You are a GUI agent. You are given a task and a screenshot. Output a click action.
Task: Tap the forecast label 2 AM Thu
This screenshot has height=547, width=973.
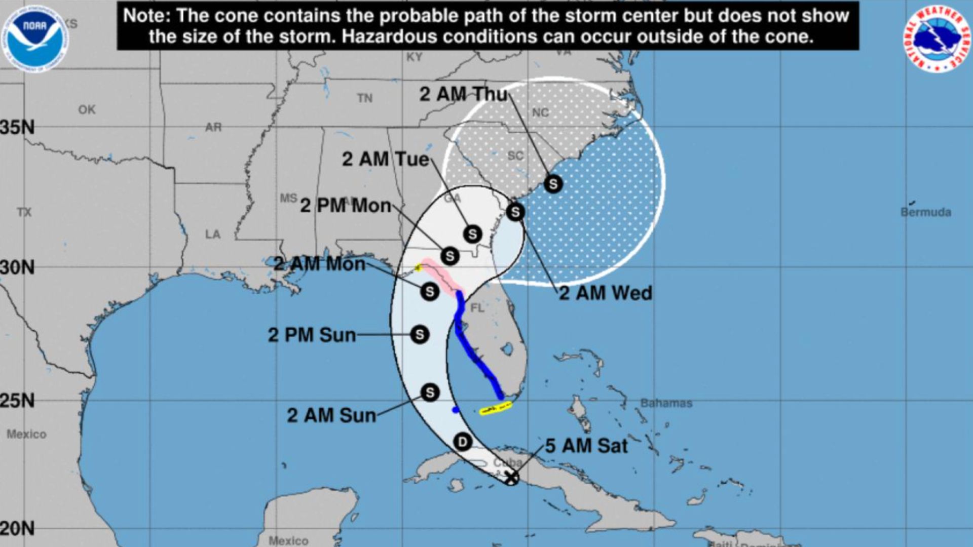click(x=463, y=94)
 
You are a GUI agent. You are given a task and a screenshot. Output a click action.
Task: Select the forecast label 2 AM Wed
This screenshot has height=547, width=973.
click(x=605, y=293)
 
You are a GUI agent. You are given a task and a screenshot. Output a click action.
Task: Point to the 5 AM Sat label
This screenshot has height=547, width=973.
click(x=586, y=446)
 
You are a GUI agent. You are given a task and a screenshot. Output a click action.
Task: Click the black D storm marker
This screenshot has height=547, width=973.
click(x=462, y=442)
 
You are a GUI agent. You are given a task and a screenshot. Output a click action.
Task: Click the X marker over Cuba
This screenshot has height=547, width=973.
click(x=512, y=477)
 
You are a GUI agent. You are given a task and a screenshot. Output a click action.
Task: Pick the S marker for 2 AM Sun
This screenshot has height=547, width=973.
click(x=430, y=393)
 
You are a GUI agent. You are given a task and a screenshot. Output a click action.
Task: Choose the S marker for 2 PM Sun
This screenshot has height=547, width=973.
click(x=420, y=335)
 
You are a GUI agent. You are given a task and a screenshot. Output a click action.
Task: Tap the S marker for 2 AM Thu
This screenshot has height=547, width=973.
click(x=553, y=184)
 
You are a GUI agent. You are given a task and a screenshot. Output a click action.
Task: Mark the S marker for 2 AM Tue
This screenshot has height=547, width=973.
click(x=472, y=234)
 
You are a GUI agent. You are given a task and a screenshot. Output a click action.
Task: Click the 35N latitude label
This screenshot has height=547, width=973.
click(x=18, y=128)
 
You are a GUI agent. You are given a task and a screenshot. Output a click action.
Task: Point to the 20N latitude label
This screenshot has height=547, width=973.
click(x=18, y=529)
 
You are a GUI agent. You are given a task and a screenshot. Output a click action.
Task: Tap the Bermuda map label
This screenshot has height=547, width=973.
click(x=925, y=212)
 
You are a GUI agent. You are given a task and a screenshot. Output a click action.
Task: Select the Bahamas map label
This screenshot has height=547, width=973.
click(x=666, y=403)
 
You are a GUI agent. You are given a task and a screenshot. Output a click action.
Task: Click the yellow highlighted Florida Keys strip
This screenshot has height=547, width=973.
click(x=496, y=409)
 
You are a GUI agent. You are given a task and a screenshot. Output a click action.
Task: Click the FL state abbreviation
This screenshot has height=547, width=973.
click(x=477, y=307)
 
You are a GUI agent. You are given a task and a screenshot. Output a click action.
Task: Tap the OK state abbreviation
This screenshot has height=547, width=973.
click(x=87, y=109)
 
